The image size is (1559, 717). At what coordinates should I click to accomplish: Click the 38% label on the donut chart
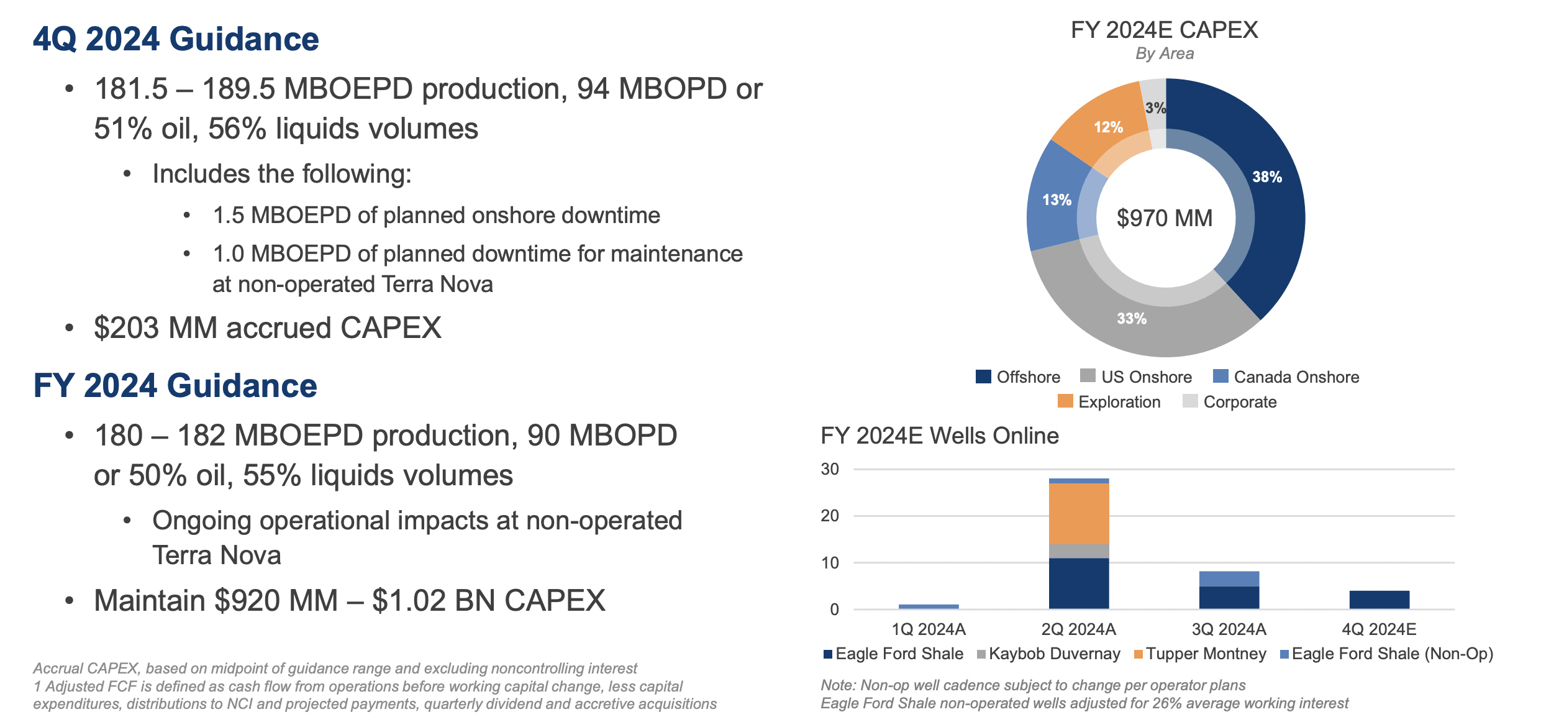click(x=1266, y=177)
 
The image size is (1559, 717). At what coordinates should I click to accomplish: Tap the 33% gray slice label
click(x=1131, y=319)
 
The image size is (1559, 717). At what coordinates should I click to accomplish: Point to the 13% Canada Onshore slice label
click(x=1057, y=200)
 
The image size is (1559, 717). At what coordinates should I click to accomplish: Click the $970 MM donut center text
click(x=1165, y=218)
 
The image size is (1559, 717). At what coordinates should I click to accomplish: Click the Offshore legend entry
click(x=1018, y=377)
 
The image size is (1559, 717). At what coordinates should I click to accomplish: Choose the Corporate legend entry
click(x=1230, y=402)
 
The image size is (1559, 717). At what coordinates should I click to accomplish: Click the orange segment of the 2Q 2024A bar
click(x=1079, y=513)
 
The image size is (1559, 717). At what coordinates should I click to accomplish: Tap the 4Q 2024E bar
click(x=1379, y=600)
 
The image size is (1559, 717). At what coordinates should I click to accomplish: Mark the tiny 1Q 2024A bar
click(x=929, y=606)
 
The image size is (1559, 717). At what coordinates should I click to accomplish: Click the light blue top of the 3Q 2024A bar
click(x=1229, y=578)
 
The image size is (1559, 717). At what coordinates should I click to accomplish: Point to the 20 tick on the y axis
click(x=830, y=516)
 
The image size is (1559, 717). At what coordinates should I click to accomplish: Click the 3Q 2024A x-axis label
click(x=1229, y=629)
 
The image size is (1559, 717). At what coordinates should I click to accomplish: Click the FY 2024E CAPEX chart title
click(x=1164, y=30)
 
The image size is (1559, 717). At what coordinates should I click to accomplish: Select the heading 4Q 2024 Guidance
click(x=176, y=39)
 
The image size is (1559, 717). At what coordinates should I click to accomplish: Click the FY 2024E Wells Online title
click(x=939, y=436)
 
